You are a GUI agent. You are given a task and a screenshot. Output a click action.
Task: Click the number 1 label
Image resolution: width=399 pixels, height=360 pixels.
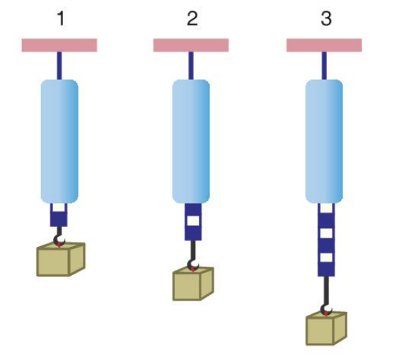[61, 18]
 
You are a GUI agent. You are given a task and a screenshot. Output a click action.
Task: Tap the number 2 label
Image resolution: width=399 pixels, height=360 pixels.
[192, 18]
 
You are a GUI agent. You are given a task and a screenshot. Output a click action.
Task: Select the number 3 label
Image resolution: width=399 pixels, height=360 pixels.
[326, 18]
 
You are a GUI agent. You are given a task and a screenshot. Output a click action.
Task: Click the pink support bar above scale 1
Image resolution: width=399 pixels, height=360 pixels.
[59, 45]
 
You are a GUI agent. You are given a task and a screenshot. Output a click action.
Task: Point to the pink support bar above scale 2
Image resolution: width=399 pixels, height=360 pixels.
[191, 45]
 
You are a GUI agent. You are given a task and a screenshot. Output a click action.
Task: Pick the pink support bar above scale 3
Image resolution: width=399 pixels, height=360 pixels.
[324, 45]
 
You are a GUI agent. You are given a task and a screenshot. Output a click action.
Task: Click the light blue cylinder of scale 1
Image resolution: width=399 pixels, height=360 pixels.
[59, 141]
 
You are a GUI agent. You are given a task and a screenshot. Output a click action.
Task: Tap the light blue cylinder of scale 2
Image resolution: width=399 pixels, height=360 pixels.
[191, 141]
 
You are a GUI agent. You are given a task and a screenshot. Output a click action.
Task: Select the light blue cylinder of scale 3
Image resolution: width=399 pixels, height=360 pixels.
[324, 141]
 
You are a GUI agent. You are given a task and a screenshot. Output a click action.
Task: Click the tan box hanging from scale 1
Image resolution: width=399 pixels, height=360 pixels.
[61, 260]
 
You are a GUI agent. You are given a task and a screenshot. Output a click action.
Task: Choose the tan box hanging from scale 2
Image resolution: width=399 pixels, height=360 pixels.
[193, 284]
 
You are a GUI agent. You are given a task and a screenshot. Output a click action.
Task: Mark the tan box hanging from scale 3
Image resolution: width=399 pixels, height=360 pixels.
[326, 328]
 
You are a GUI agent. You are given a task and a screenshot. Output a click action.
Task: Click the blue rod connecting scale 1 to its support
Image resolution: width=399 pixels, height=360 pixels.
[59, 66]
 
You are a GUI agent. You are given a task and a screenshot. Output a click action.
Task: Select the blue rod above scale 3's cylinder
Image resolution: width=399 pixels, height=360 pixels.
[324, 66]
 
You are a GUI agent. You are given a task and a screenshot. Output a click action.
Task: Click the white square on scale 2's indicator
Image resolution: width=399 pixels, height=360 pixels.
[193, 221]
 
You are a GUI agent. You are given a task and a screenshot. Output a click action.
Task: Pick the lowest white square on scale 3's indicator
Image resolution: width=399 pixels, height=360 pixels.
[326, 257]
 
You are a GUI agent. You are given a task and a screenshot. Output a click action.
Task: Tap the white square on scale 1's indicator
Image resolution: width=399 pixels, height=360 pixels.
[59, 207]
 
